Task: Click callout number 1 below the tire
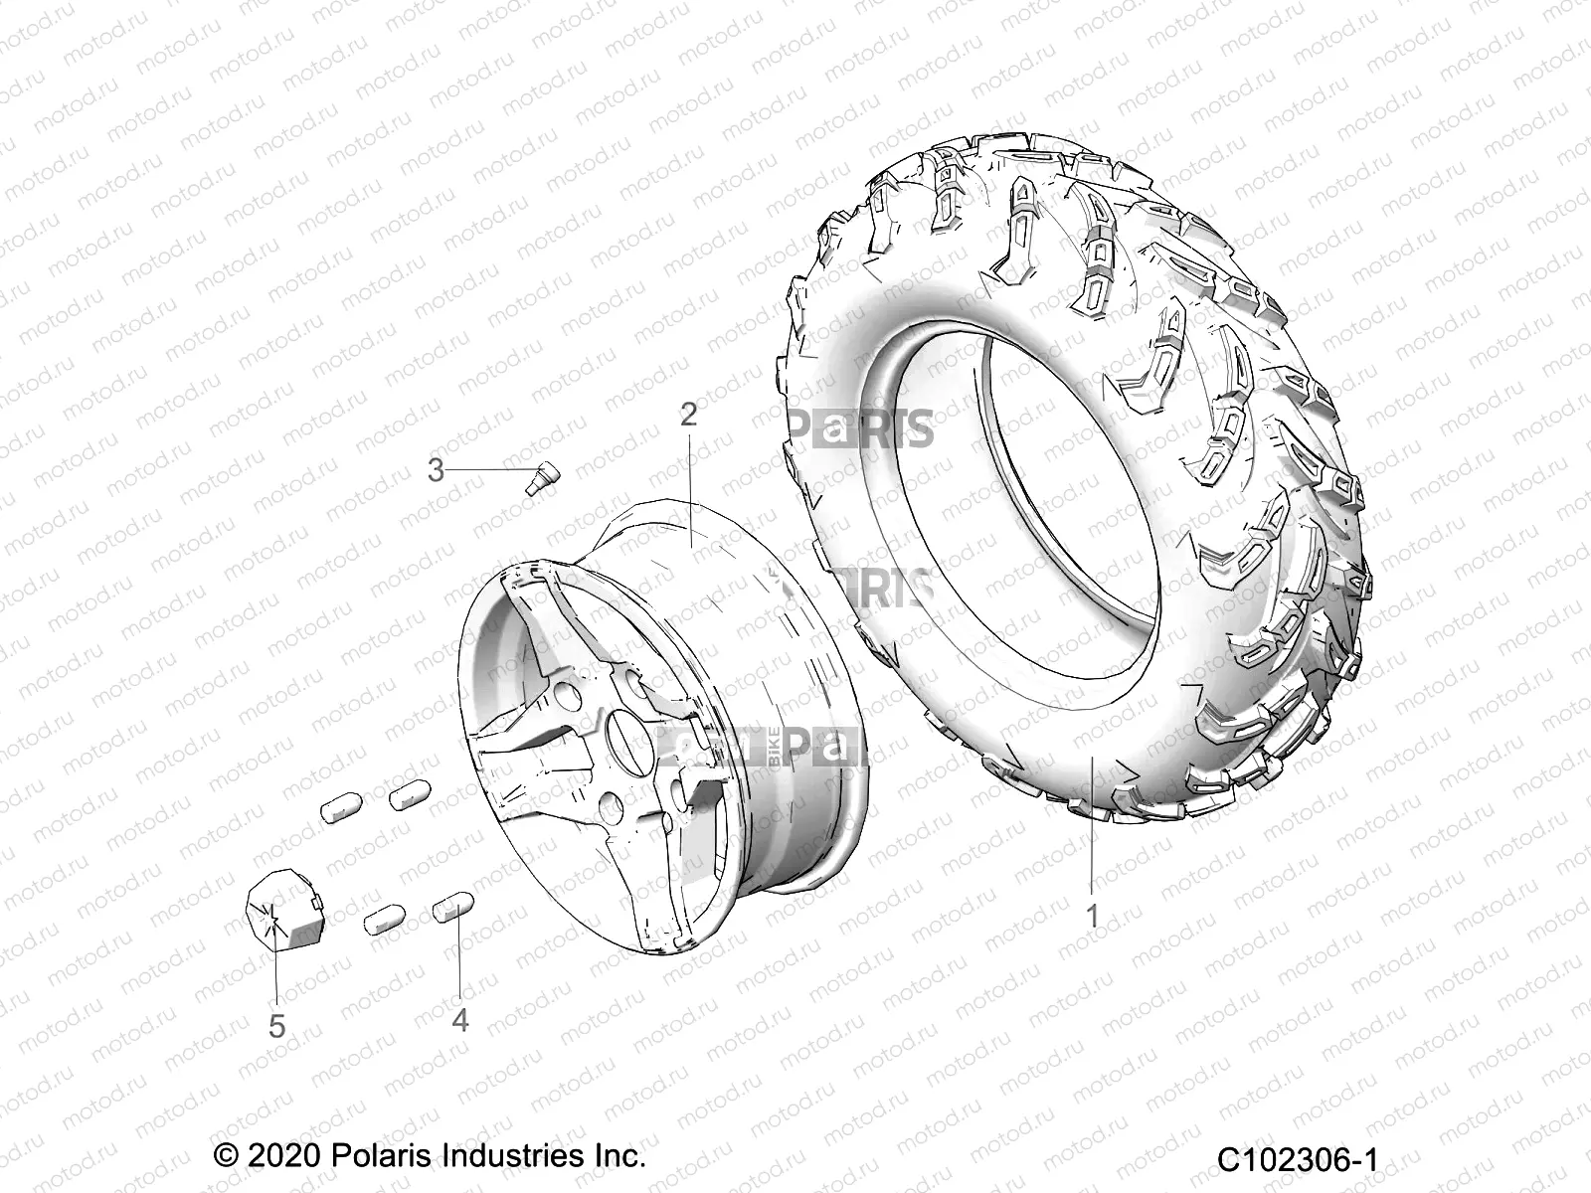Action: pos(1092,916)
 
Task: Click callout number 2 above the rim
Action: pos(716,415)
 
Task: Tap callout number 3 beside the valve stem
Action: pos(436,469)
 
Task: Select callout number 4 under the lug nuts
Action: pos(459,1020)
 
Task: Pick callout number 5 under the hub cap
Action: pos(276,1026)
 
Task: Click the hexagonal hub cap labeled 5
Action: pos(282,913)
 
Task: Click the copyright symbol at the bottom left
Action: pos(227,1157)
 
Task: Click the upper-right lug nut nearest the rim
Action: pos(408,766)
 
